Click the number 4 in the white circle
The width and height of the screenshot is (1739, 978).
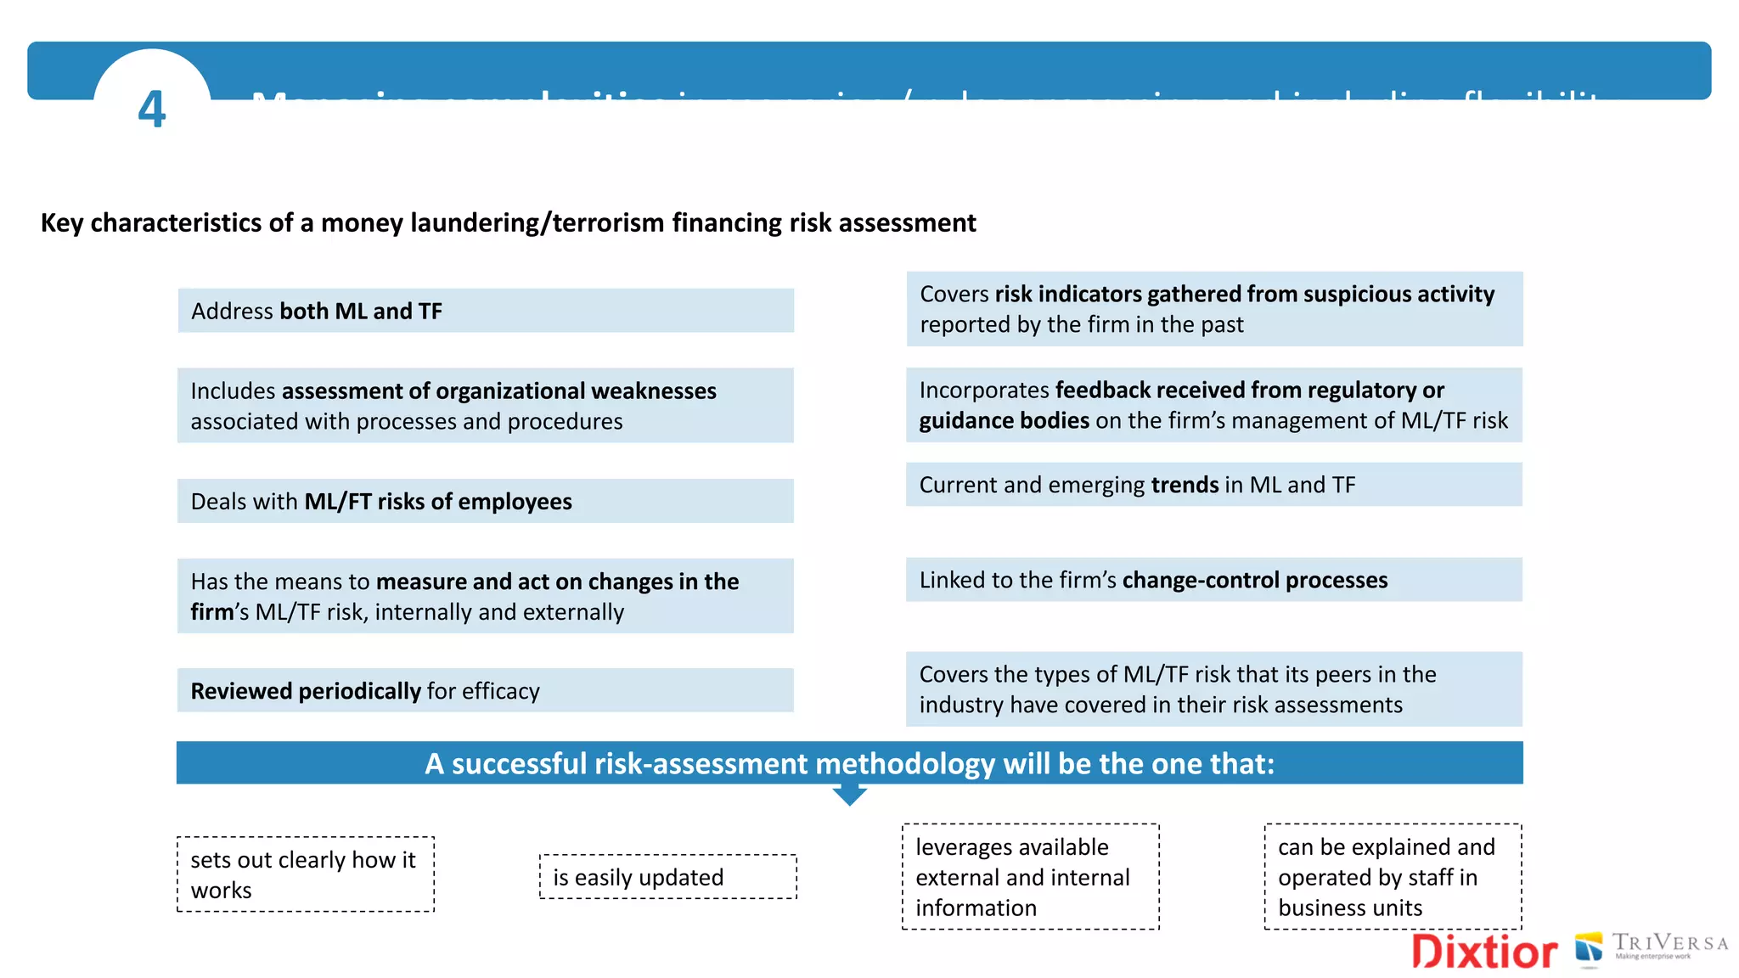coord(152,110)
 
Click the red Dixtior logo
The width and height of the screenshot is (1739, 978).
coord(1484,951)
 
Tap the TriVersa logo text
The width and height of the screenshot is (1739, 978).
coord(1669,944)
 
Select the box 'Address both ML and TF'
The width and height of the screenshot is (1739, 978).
coord(486,311)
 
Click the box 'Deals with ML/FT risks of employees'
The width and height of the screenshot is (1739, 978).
coord(486,501)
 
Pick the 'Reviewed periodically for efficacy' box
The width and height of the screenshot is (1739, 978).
coord(486,690)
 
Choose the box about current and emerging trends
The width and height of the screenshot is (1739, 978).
coord(1213,485)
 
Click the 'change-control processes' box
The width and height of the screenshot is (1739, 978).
coord(1213,580)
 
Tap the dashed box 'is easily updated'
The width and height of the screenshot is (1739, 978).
coord(668,877)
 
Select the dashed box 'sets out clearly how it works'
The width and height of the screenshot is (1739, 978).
coord(306,874)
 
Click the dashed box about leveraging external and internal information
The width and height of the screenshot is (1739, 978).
coord(1030,877)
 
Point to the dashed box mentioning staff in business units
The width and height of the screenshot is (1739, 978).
coord(1393,877)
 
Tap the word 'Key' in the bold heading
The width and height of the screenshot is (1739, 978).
coord(61,222)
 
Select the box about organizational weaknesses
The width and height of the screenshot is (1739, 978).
coord(486,406)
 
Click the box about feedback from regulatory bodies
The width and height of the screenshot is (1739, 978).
coord(1213,405)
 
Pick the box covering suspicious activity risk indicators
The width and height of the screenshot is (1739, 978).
coord(1213,309)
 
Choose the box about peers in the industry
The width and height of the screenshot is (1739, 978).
coord(1213,689)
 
